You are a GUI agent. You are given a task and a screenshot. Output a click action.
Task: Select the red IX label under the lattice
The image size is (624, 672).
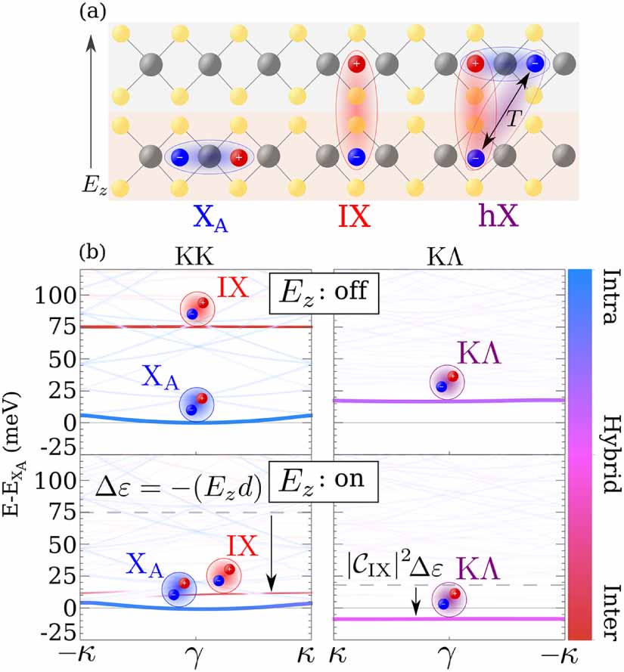(355, 218)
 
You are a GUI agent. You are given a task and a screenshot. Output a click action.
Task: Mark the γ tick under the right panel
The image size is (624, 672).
(449, 654)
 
